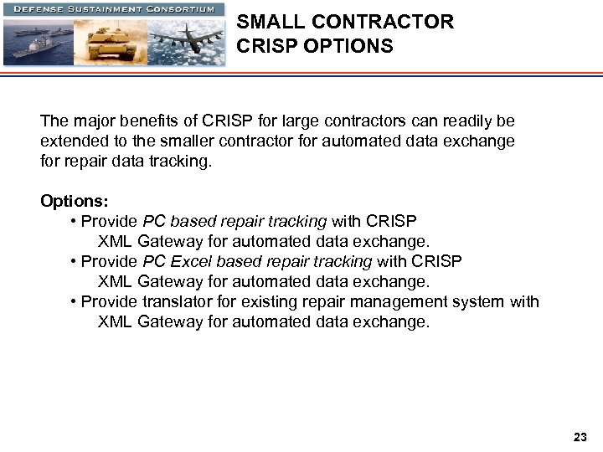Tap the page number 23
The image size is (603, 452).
(580, 437)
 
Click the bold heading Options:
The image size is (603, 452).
(75, 202)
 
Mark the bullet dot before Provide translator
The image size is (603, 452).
(75, 302)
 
